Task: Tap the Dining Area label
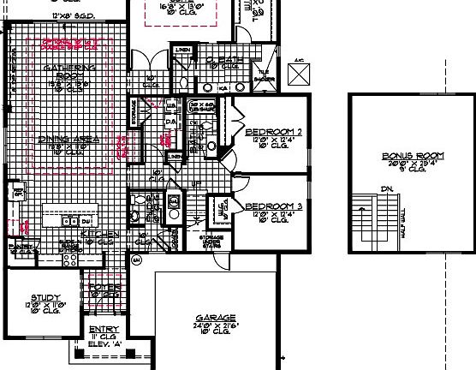68,139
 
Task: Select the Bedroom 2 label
274,133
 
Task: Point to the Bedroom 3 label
274,206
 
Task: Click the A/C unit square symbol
300,75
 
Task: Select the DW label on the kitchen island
86,221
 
